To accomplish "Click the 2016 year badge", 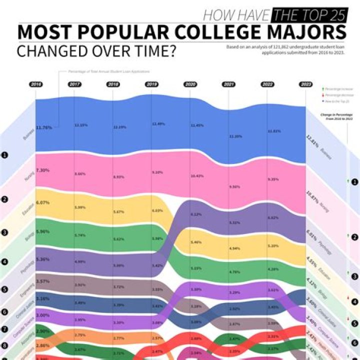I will tap(35, 84).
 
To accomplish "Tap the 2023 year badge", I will tap(306, 84).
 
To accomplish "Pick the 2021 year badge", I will tap(229, 84).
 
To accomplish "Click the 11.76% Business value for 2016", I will tap(44, 127).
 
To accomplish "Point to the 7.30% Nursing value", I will tap(43, 170).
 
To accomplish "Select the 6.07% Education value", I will tap(43, 202).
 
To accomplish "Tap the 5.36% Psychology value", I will tap(43, 259).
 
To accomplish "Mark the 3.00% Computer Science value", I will tap(43, 315).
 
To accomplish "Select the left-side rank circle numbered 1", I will tap(4, 155).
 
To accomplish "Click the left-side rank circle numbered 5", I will tap(4, 288).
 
